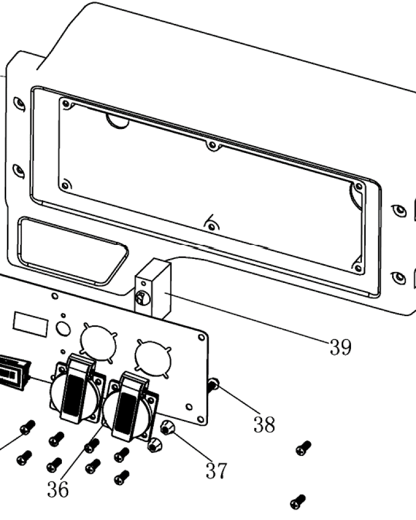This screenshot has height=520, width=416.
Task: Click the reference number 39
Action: (x=341, y=347)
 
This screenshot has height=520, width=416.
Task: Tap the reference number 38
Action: (x=264, y=424)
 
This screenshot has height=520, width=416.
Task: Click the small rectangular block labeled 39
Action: (x=153, y=288)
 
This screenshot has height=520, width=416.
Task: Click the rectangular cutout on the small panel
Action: (x=31, y=324)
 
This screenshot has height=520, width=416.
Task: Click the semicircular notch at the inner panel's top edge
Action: (x=118, y=121)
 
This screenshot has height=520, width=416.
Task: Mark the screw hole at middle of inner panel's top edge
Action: (x=212, y=145)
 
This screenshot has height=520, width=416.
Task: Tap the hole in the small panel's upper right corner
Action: (x=201, y=337)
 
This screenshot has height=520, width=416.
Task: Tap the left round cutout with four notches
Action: (x=98, y=343)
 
